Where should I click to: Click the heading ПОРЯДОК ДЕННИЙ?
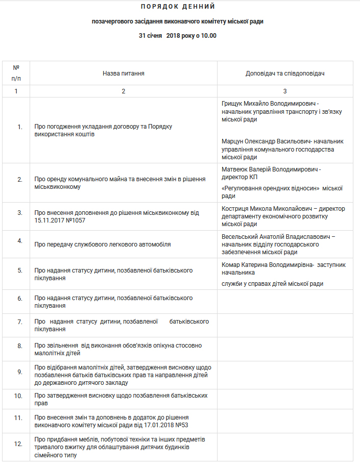(178, 7)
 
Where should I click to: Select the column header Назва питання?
(123, 73)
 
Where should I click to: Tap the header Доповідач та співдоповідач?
(285, 73)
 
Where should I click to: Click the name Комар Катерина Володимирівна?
(268, 265)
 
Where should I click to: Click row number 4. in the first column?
(19, 240)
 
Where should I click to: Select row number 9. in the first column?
(19, 372)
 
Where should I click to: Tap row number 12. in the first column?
(18, 444)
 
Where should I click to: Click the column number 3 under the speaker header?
(285, 91)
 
